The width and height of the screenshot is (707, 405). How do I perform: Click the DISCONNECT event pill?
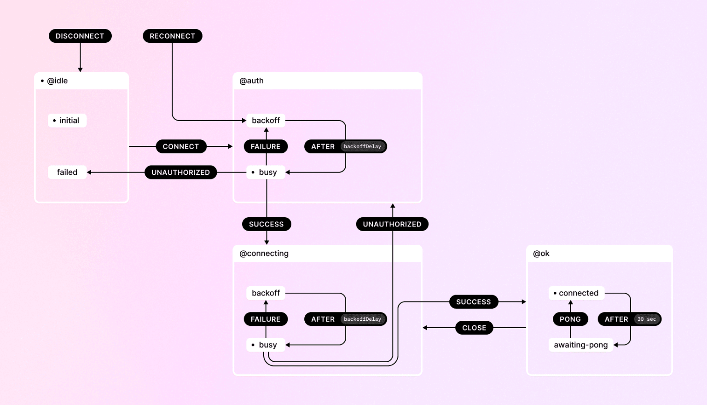coord(80,36)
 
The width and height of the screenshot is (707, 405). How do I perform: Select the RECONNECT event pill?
coord(173,36)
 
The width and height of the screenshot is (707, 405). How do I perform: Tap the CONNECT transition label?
coord(181,146)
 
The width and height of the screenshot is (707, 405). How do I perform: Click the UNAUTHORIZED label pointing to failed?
coord(181,172)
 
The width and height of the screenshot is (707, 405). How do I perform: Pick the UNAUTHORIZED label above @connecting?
coord(392,224)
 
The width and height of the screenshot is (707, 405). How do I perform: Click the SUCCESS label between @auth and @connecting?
coord(267,224)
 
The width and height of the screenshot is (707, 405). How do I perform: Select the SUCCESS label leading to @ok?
coord(474,302)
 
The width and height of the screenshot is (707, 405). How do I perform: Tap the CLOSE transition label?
coord(474,328)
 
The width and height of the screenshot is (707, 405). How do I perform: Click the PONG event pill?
coord(570,319)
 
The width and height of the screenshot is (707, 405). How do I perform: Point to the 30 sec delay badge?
coord(647,319)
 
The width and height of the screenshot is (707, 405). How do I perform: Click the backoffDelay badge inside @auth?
coord(363,146)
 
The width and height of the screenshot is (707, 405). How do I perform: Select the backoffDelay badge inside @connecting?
coord(363,319)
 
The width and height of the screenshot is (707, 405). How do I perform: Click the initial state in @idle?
coord(67,121)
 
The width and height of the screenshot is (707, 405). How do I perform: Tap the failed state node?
coord(67,172)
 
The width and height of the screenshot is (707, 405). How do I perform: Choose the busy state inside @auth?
coord(266,172)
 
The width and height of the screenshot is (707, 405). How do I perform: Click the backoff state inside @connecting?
coord(266,293)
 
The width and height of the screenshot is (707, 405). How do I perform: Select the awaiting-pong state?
coord(580,345)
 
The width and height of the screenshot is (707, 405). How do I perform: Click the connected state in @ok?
coord(576,293)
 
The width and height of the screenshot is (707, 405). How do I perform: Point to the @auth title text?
coord(252,81)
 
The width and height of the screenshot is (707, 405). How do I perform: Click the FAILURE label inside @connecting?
coord(266,319)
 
